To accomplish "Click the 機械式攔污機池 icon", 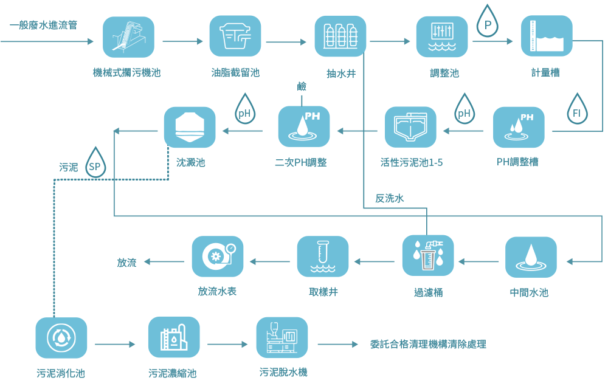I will point(128,37).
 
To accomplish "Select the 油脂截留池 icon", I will point(235,36).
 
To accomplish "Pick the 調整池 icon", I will point(442,36).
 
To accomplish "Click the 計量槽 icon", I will point(547,36).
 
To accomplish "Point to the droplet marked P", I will point(487,23).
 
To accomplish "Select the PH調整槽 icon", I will point(519,127).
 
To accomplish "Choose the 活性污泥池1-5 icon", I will point(411,127).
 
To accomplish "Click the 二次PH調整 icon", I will point(304,127).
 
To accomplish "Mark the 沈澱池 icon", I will point(190,127).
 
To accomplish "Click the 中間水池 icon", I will point(531,257).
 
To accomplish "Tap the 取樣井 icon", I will point(323,256).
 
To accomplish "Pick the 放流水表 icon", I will point(218,256).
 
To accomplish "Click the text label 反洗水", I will point(390,198).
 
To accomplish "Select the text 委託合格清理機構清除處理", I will point(428,345).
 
